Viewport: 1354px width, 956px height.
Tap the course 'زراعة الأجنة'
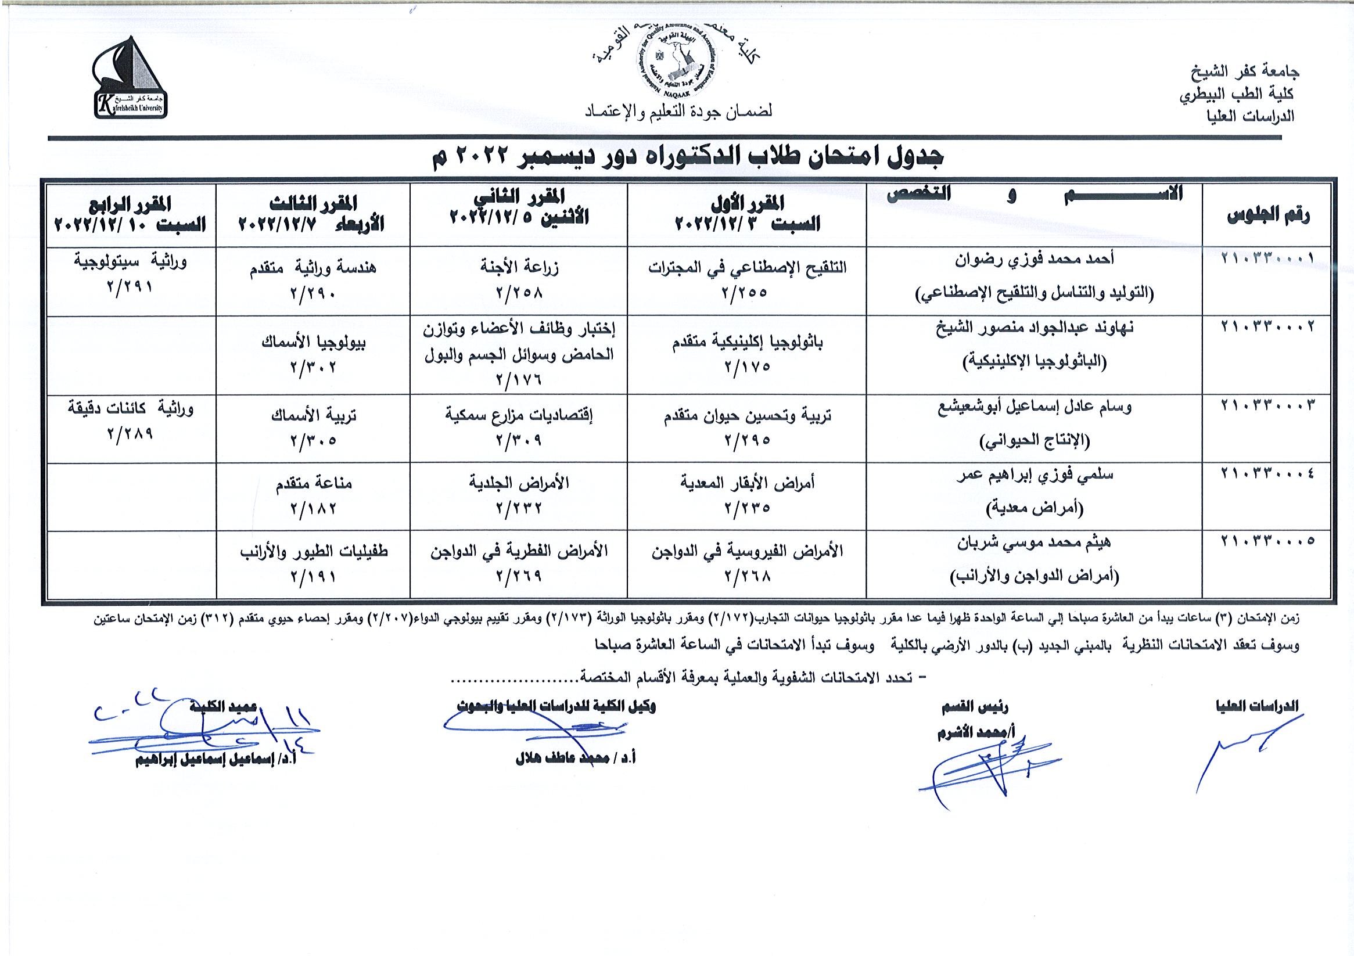[519, 268]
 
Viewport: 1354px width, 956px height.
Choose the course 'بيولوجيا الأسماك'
[313, 342]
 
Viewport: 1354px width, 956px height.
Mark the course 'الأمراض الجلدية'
[519, 484]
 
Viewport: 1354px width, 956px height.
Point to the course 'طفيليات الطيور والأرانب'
[313, 552]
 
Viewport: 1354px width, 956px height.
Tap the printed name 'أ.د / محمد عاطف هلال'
[575, 759]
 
